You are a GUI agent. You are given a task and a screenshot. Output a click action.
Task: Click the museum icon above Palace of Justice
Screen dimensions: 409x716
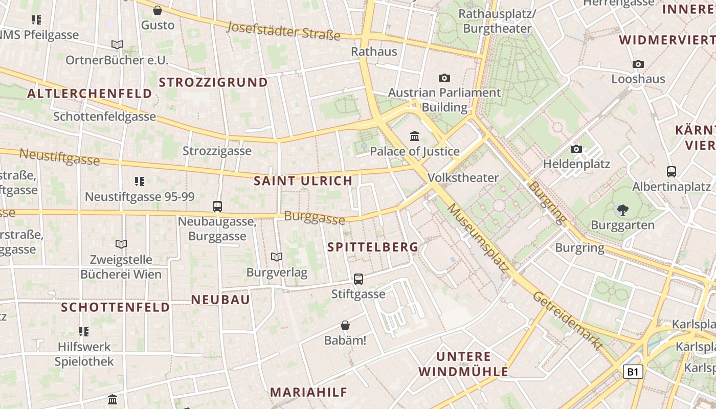click(x=415, y=137)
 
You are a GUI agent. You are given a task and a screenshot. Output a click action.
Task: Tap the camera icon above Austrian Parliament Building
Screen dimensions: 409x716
click(x=444, y=78)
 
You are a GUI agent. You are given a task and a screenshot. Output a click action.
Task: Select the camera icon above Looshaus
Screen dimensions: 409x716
click(x=638, y=64)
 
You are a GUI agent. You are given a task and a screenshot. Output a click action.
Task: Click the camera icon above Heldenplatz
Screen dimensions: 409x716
click(x=576, y=149)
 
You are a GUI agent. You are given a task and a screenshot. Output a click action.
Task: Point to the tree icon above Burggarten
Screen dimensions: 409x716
click(x=622, y=209)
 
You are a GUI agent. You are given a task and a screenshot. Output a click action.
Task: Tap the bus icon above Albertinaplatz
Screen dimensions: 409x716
click(x=672, y=172)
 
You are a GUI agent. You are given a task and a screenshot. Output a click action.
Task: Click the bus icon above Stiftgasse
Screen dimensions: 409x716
click(x=359, y=279)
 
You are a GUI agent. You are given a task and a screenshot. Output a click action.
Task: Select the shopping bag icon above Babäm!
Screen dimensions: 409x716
click(x=345, y=325)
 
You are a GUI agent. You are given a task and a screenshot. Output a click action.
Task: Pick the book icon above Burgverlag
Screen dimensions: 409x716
click(x=277, y=257)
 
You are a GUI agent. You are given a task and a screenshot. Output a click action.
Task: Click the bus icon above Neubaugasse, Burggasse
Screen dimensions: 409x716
click(x=217, y=207)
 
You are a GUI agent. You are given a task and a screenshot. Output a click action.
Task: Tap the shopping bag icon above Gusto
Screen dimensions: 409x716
click(x=158, y=10)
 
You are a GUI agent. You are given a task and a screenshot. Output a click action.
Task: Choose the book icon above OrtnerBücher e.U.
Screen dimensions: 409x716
click(x=117, y=45)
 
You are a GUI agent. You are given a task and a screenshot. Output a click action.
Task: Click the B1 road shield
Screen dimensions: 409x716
click(x=633, y=372)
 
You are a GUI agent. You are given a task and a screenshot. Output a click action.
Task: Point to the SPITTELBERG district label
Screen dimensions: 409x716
click(x=373, y=247)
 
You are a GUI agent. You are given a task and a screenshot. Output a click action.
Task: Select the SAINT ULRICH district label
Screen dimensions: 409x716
click(x=303, y=180)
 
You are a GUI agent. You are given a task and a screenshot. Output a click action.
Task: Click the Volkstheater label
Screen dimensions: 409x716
click(x=463, y=178)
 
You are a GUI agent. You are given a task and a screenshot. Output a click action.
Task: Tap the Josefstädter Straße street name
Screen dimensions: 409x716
click(x=284, y=31)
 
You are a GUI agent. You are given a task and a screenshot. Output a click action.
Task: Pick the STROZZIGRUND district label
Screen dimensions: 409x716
click(x=213, y=82)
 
